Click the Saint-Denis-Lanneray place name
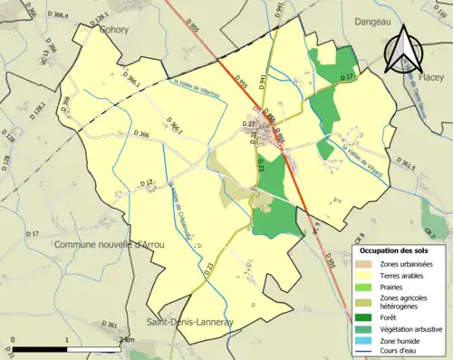[189, 320]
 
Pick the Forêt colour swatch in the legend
[362, 316]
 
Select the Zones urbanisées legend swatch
[362, 263]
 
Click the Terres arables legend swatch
[362, 274]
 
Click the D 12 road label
[147, 184]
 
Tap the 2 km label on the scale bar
[127, 339]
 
